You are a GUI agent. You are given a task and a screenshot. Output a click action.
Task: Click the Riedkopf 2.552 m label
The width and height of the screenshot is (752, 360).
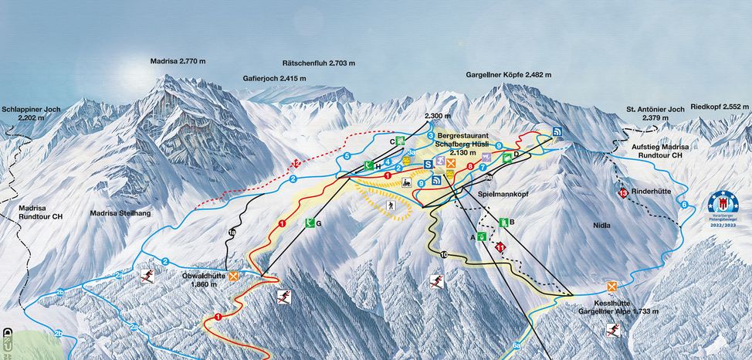[721, 107]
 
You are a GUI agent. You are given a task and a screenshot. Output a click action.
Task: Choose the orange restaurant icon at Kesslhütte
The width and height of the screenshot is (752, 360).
[612, 287]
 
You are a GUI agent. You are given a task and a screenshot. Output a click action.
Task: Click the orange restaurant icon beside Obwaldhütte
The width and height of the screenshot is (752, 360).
[232, 274]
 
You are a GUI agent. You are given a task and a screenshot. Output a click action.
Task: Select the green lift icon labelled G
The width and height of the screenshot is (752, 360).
[310, 224]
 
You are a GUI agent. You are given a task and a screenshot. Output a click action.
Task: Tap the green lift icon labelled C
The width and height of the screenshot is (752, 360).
[400, 141]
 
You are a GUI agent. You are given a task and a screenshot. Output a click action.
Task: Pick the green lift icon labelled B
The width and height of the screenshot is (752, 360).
[503, 222]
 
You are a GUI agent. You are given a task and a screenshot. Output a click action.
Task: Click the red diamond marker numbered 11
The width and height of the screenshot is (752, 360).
[500, 247]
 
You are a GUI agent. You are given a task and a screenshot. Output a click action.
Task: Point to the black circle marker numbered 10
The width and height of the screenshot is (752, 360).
[444, 254]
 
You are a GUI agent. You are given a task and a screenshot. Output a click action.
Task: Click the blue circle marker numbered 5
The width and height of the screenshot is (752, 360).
[347, 157]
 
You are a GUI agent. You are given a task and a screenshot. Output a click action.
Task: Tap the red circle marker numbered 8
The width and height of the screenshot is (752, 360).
[469, 165]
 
